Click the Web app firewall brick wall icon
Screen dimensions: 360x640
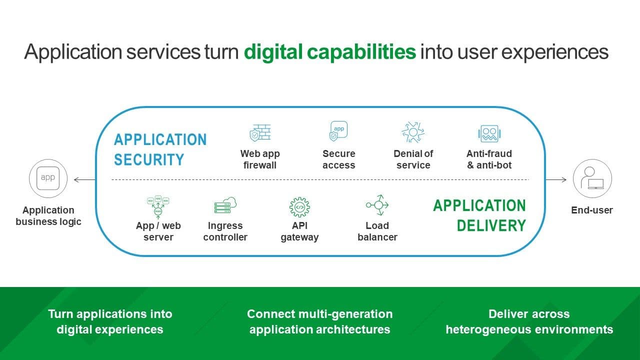point(260,133)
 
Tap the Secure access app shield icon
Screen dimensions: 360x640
point(338,131)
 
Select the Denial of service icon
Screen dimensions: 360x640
point(413,132)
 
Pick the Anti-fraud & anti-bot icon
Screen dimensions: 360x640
point(489,133)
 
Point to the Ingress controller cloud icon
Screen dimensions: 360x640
point(225,205)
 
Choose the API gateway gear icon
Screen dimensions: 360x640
point(299,206)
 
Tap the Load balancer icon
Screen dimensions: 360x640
point(377,205)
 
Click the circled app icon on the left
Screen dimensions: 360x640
point(48,178)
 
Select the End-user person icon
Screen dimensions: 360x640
point(592,179)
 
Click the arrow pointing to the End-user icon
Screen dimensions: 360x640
point(556,179)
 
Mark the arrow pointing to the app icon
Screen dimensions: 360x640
point(84,179)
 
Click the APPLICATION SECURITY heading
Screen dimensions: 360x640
point(160,149)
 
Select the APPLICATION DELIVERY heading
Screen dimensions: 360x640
point(479,215)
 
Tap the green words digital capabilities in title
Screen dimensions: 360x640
point(329,52)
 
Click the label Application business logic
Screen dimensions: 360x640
point(48,216)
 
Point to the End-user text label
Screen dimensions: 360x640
point(592,210)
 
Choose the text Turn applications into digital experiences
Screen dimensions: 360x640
point(110,321)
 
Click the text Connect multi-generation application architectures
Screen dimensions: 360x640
point(319,321)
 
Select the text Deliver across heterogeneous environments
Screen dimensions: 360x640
point(529,321)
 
